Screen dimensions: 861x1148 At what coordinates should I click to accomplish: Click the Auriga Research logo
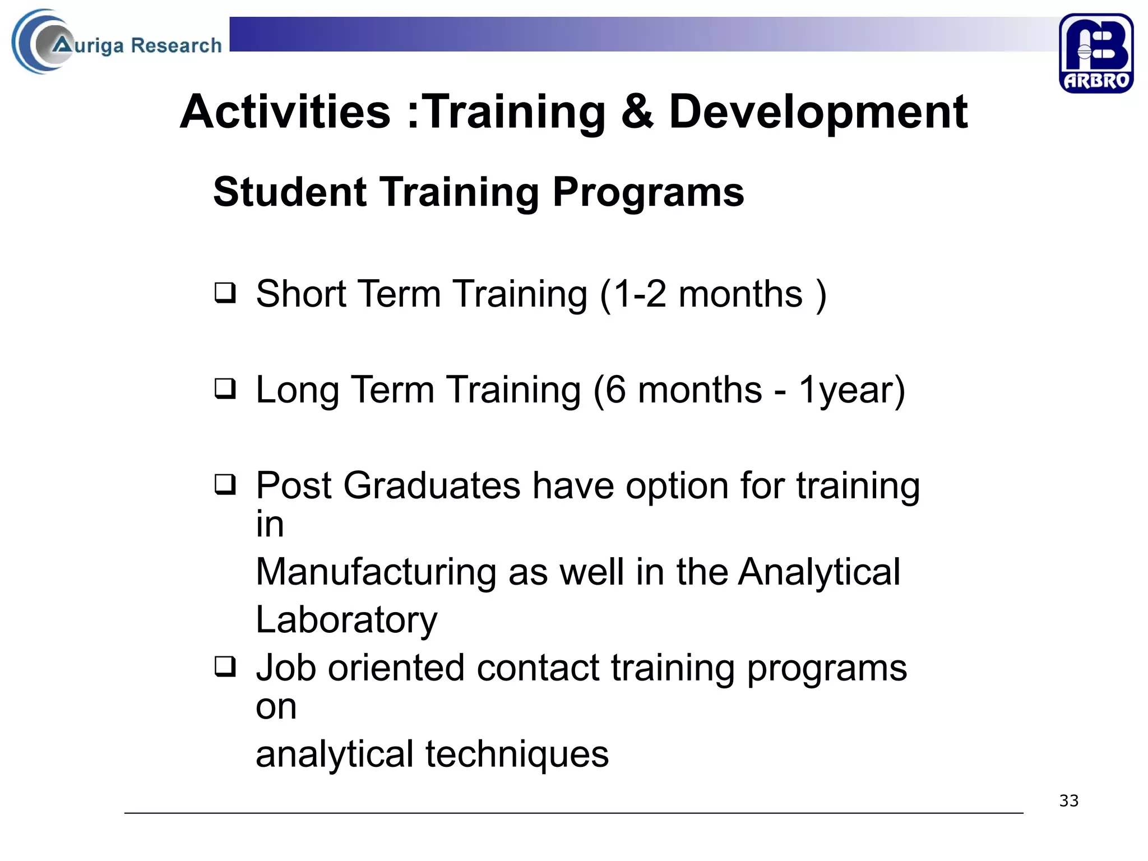pyautogui.click(x=117, y=43)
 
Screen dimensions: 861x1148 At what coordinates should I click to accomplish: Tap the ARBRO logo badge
pyautogui.click(x=1095, y=53)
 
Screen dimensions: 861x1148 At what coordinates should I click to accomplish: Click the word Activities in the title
pyautogui.click(x=285, y=112)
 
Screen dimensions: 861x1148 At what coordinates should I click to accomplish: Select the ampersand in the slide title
pyautogui.click(x=637, y=112)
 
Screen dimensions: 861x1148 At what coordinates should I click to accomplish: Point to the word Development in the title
pyautogui.click(x=818, y=112)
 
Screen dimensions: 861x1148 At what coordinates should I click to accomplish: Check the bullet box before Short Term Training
pyautogui.click(x=225, y=293)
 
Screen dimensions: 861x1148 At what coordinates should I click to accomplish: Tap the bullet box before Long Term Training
pyautogui.click(x=225, y=388)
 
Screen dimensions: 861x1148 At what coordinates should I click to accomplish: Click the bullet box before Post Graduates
pyautogui.click(x=225, y=484)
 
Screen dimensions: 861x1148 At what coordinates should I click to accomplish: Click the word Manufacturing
pyautogui.click(x=376, y=572)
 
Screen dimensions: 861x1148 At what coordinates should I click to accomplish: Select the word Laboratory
pyautogui.click(x=346, y=620)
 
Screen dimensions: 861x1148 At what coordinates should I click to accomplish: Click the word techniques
pyautogui.click(x=516, y=754)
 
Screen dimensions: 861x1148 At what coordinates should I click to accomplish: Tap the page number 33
pyautogui.click(x=1068, y=800)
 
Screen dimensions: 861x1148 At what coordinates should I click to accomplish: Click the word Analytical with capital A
pyautogui.click(x=819, y=572)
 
